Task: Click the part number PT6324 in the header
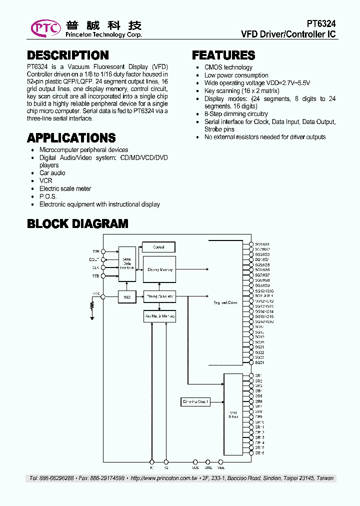[321, 24]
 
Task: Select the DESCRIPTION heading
[68, 55]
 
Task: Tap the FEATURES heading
[223, 55]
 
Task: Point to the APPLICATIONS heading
[71, 138]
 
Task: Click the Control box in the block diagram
[159, 247]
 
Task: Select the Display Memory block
[160, 269]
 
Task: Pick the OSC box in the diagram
[127, 296]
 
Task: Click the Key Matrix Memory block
[160, 316]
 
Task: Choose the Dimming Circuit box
[195, 401]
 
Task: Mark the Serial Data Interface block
[127, 263]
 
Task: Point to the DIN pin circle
[103, 251]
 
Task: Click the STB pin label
[95, 275]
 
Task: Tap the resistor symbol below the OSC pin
[92, 305]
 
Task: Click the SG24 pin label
[259, 362]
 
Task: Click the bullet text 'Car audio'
[52, 173]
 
